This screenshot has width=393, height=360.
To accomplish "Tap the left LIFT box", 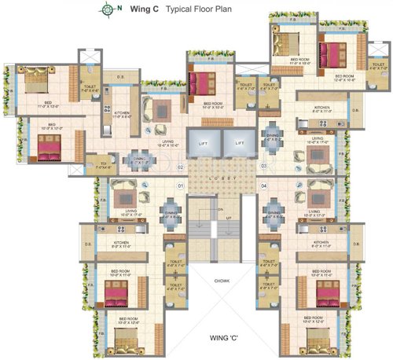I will tap(202, 145).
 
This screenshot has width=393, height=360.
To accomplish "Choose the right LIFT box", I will tap(238, 145).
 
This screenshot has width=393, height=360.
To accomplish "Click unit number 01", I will tap(180, 186).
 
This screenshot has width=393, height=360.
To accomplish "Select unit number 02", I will tap(180, 167).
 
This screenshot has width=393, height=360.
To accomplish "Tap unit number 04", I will tap(264, 186).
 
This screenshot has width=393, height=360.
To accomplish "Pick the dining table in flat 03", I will tap(272, 131).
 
